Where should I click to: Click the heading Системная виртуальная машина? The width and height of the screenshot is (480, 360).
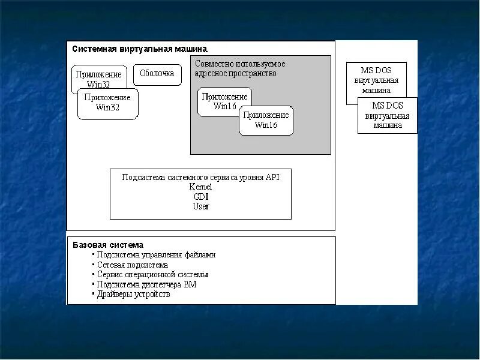(x=140, y=49)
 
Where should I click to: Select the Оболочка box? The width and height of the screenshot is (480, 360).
(x=157, y=74)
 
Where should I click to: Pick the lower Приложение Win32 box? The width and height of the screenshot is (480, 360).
(x=107, y=103)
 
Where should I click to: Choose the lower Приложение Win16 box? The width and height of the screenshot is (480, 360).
(x=266, y=120)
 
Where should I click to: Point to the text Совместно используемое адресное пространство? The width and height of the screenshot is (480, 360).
(x=239, y=68)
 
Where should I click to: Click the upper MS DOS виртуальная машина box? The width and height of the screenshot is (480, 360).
(x=376, y=80)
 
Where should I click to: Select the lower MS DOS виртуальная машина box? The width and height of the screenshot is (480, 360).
(x=388, y=116)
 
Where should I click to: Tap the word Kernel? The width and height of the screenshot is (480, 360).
(x=200, y=187)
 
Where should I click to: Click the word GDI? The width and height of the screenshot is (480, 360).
(x=201, y=196)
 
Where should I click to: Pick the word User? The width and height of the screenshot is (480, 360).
(x=201, y=206)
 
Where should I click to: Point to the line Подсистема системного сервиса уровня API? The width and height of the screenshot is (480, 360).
(x=200, y=177)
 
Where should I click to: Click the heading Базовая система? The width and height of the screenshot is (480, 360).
(x=108, y=245)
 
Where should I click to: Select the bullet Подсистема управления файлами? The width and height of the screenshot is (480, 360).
(x=155, y=254)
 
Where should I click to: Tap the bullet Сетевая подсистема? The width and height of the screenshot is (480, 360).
(x=132, y=265)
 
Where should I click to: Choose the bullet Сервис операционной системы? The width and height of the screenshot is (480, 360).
(x=152, y=274)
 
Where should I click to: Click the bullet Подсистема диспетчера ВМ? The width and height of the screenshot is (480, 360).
(x=146, y=284)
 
